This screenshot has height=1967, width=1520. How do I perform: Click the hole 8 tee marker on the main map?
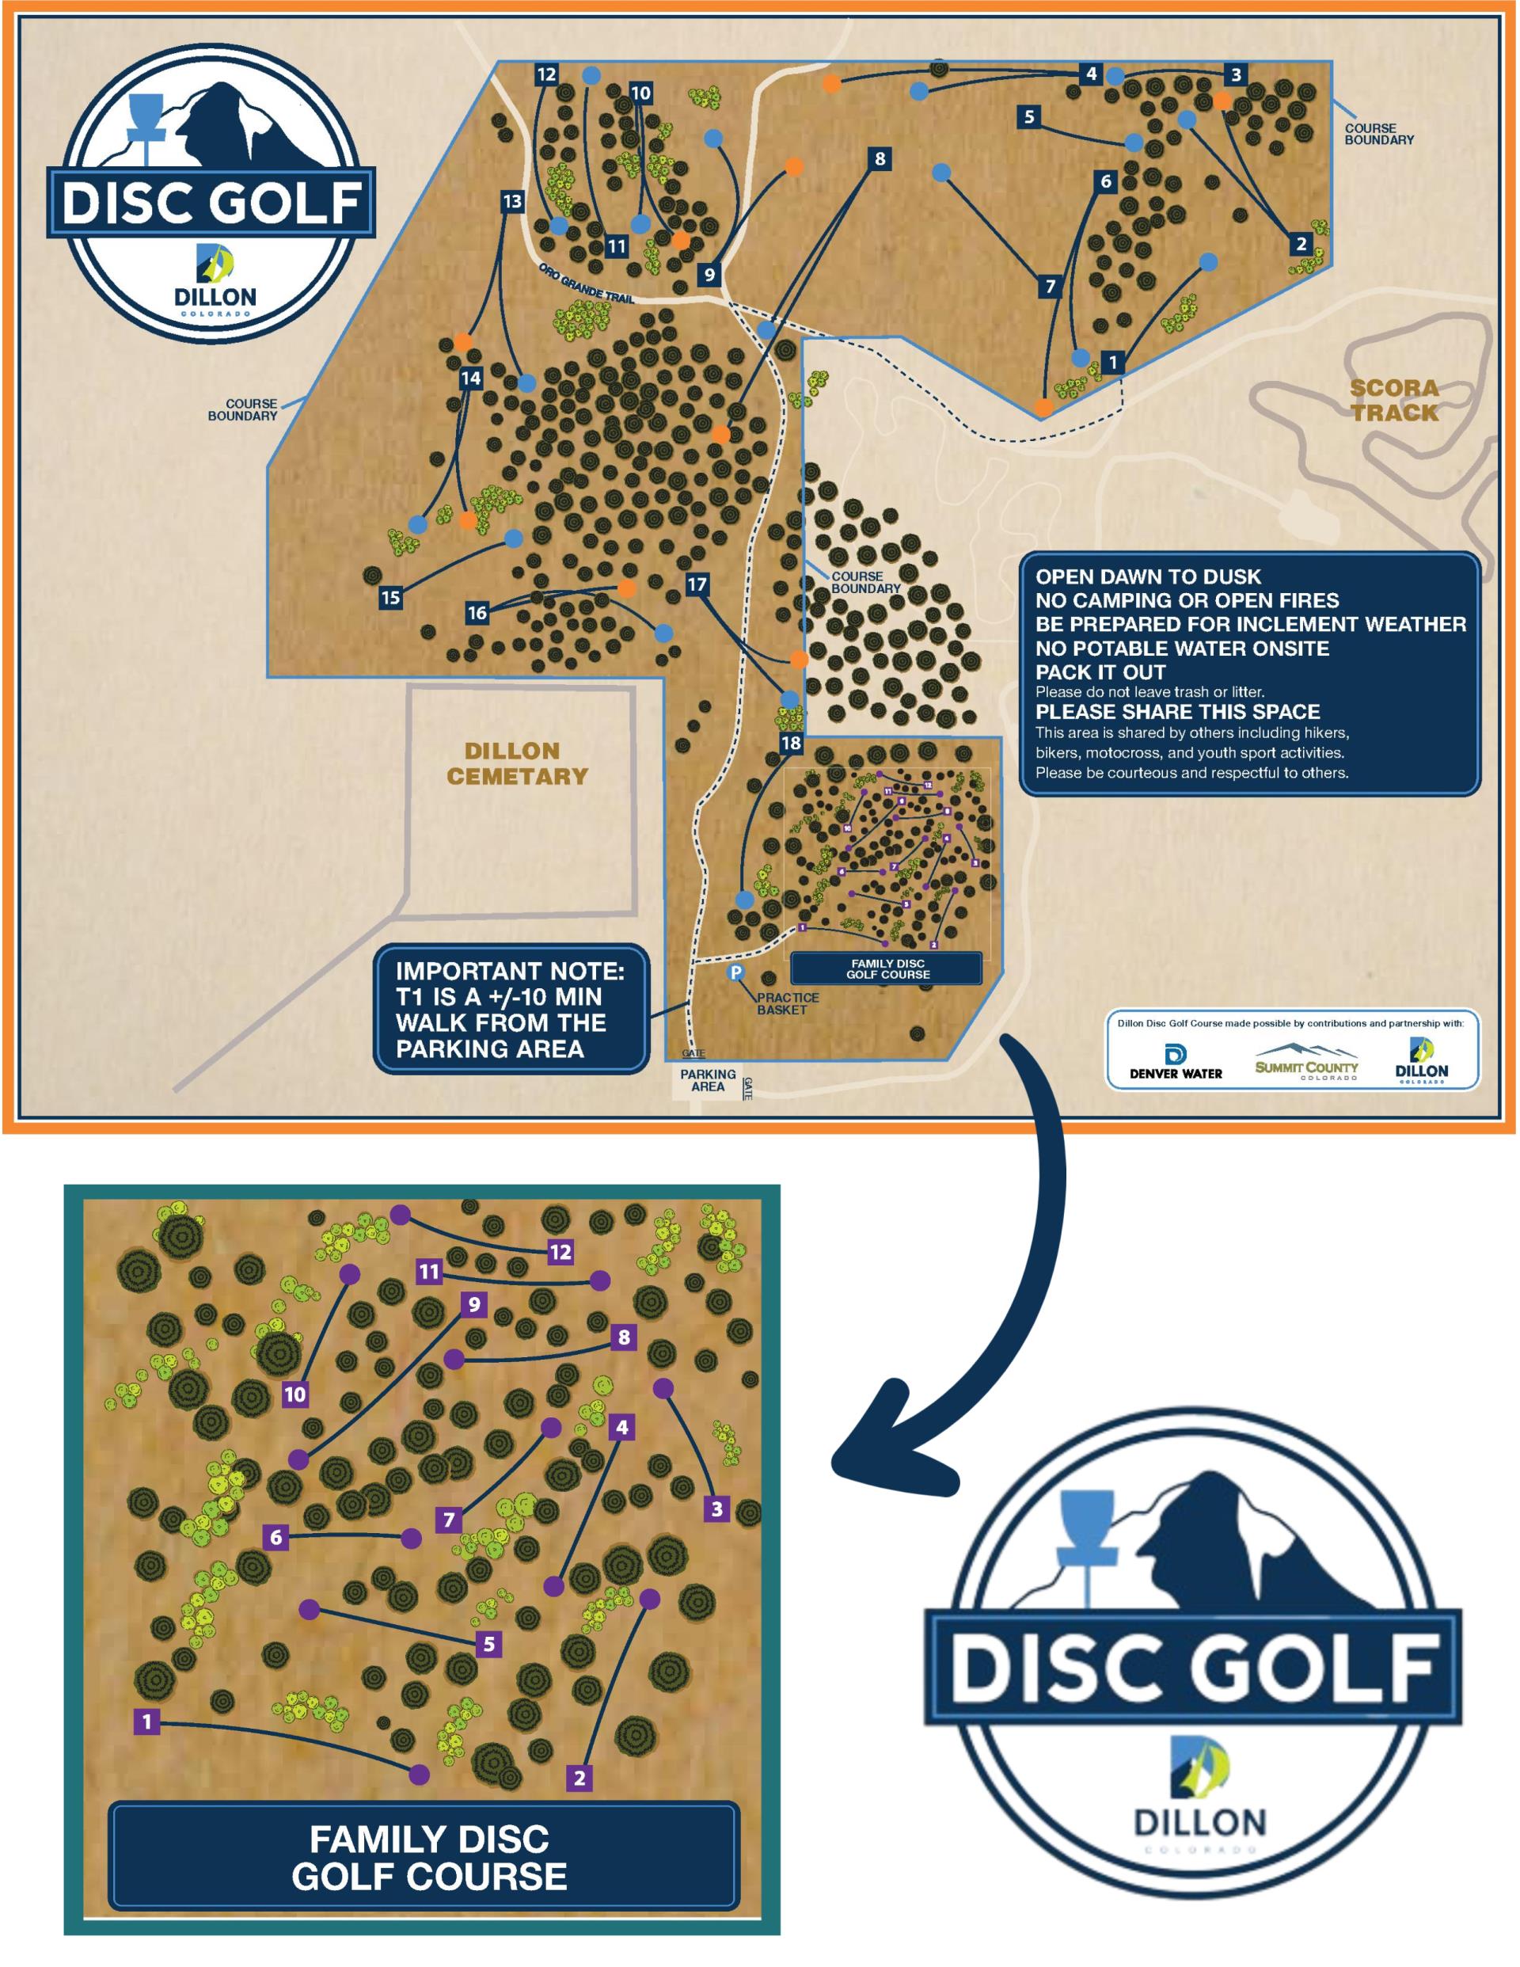tap(880, 159)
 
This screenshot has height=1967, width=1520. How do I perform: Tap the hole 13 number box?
tap(512, 201)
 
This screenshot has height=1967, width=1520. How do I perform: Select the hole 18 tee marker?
tap(791, 743)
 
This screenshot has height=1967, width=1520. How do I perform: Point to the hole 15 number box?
tap(391, 597)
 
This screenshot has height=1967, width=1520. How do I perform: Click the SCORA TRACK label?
tap(1394, 401)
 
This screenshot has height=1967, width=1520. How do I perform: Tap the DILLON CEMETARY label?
tap(517, 763)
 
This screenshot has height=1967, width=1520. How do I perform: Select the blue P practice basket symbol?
tap(736, 972)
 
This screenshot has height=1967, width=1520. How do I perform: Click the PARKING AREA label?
tap(708, 1080)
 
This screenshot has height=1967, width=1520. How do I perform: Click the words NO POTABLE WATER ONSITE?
tap(1181, 649)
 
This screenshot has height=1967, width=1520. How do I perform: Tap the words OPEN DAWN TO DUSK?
tap(1148, 576)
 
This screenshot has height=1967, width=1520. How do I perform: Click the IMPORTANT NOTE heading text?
tap(510, 972)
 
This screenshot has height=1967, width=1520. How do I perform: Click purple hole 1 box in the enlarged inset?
tap(146, 1722)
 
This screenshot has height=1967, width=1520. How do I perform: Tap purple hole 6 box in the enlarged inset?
tap(276, 1536)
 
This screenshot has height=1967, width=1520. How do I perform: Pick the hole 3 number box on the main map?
tap(1237, 74)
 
